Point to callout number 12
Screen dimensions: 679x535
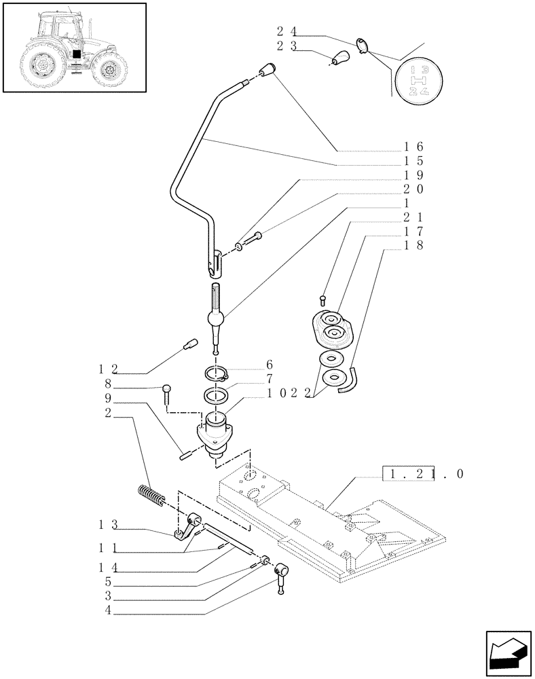coord(109,369)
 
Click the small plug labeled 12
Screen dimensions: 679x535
coord(190,344)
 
